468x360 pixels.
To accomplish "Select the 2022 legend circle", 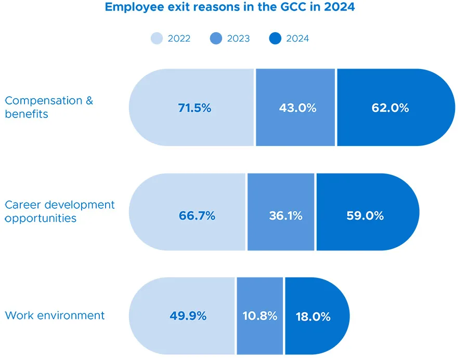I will (x=157, y=38).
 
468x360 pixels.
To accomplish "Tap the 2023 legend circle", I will (x=216, y=38).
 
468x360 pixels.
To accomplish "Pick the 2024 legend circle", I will (x=276, y=38).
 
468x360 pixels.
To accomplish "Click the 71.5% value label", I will (x=194, y=108).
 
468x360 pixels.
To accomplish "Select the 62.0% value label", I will (x=390, y=108).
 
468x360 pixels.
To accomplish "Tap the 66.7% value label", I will (x=197, y=216).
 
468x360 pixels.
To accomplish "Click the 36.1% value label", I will (x=285, y=216).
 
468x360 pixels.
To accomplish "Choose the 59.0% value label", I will (x=365, y=216).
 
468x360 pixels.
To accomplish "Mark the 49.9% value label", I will (x=188, y=316).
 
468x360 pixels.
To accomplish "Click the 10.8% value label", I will (x=260, y=316).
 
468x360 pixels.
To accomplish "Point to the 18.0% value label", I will (x=313, y=316).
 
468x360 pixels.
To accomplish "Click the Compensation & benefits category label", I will (x=49, y=107).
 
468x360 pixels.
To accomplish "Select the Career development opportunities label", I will (x=59, y=211).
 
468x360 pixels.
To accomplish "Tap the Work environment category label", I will (x=55, y=315).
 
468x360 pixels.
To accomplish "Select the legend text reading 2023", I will (x=238, y=38).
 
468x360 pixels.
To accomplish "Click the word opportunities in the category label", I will (x=41, y=219).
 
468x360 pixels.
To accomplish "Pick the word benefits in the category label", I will (x=27, y=114).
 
